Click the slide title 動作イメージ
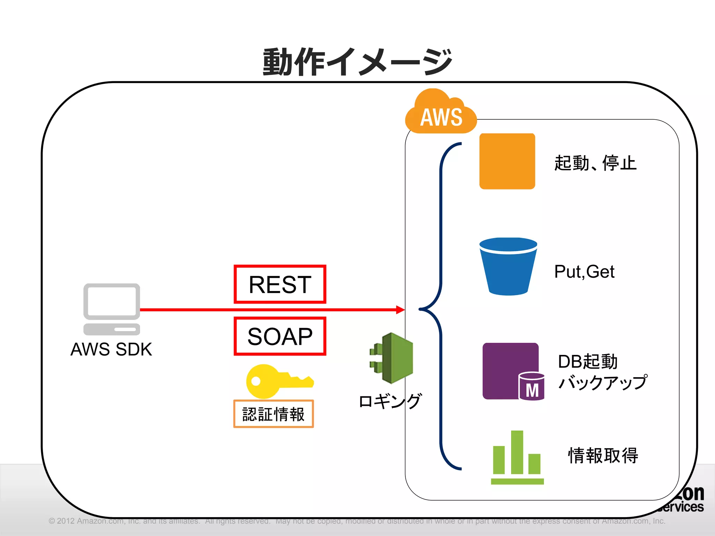(357, 62)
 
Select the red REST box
(280, 284)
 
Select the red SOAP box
(280, 336)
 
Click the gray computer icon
(112, 308)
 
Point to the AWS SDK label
(111, 349)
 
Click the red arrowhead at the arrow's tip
(401, 310)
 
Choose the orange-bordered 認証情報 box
(273, 414)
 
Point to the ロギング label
(390, 401)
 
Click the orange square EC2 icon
(507, 161)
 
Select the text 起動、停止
(595, 163)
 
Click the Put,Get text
(584, 271)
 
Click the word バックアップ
(603, 382)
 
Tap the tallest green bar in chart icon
(517, 452)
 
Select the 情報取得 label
(603, 455)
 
